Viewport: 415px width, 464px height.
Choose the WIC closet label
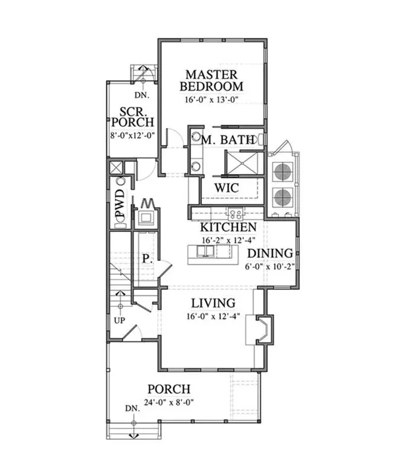pyautogui.click(x=227, y=188)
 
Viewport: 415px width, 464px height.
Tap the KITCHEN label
pyautogui.click(x=228, y=228)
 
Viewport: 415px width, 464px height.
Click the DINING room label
pyautogui.click(x=271, y=254)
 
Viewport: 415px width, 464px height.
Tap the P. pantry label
pyautogui.click(x=147, y=258)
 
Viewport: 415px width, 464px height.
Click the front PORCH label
pyautogui.click(x=169, y=390)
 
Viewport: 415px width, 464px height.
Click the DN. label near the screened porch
pyautogui.click(x=141, y=95)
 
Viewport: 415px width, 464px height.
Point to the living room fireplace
pyautogui.click(x=264, y=329)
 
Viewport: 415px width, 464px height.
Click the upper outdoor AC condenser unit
pyautogui.click(x=282, y=172)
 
